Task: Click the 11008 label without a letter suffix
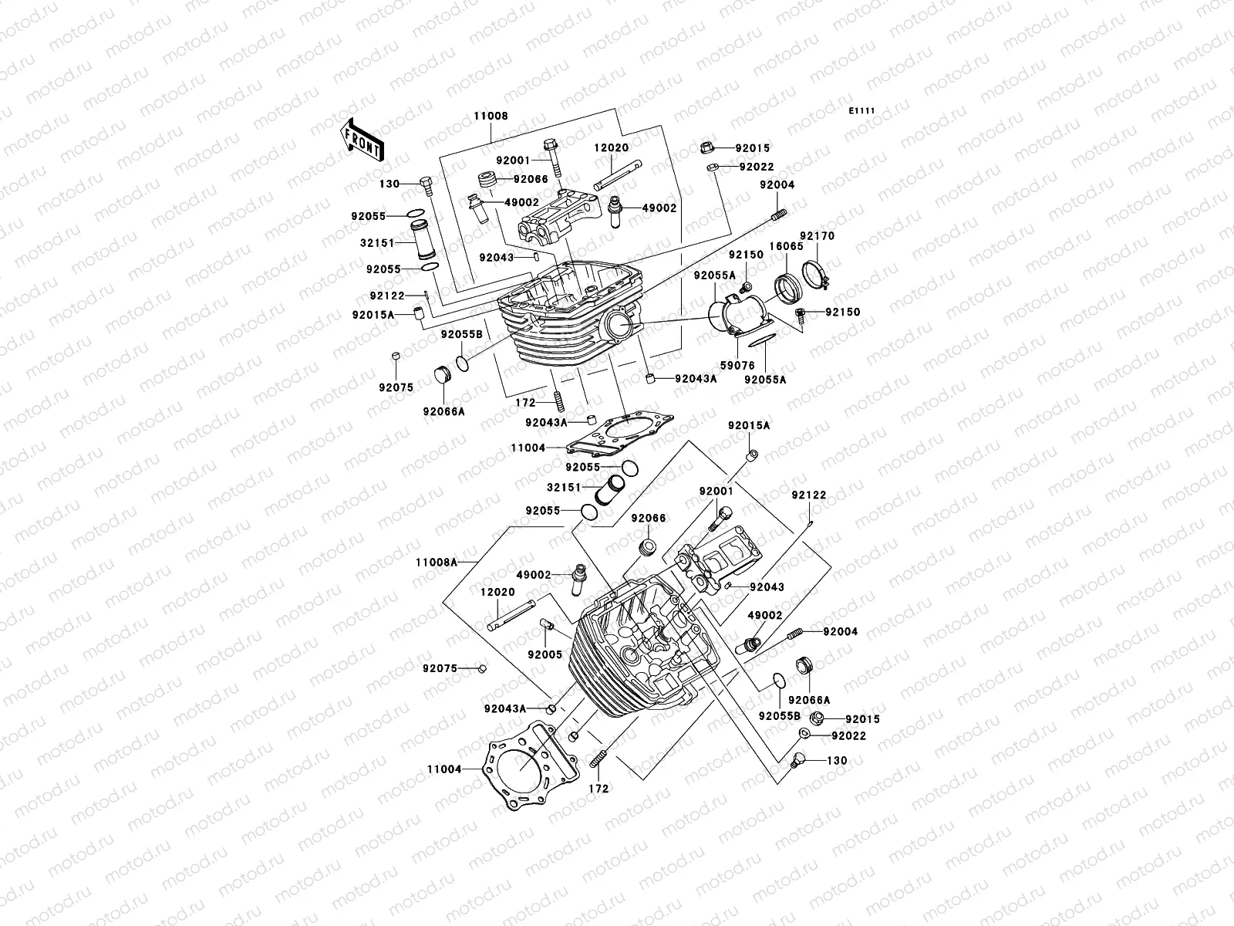(491, 117)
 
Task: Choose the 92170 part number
(817, 236)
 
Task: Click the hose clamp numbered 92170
(817, 275)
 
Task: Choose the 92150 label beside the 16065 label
(746, 255)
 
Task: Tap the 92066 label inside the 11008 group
(532, 179)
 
